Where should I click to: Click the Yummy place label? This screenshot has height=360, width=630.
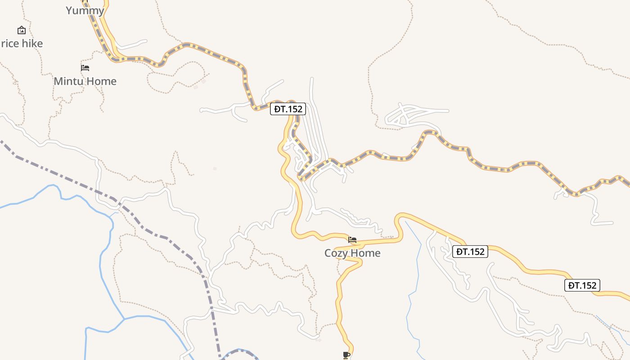(x=85, y=10)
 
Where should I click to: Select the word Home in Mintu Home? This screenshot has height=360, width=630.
(x=102, y=81)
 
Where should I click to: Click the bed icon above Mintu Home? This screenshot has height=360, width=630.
(x=85, y=68)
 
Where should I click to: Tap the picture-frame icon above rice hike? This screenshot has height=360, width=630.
(x=21, y=30)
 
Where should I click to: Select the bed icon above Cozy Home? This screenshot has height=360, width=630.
(x=352, y=240)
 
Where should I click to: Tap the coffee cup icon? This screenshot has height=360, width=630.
(x=346, y=355)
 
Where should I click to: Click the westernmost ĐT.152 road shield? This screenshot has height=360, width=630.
(x=288, y=109)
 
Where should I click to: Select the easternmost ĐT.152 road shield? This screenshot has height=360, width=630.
(x=582, y=285)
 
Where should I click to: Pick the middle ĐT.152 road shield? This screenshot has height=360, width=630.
(x=470, y=252)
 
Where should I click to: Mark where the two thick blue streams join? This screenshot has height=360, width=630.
(x=125, y=319)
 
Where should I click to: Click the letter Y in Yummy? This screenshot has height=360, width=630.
(x=69, y=10)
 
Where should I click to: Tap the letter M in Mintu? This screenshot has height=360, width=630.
(x=58, y=81)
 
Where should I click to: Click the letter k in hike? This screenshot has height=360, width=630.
(x=35, y=44)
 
